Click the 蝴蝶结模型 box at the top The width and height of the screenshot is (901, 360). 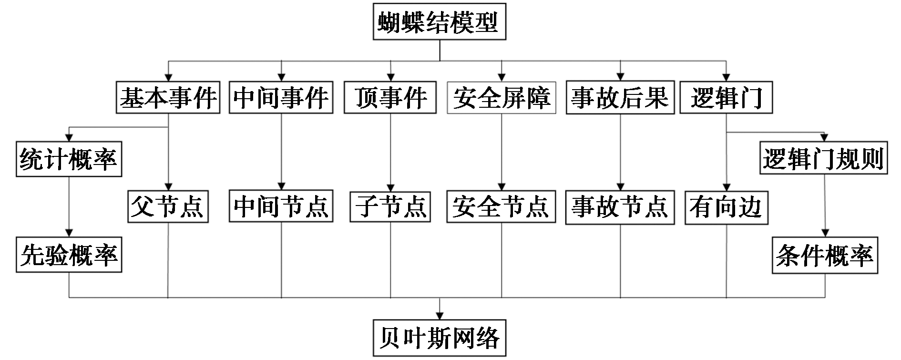coord(439,22)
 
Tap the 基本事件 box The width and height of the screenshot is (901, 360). coord(168,97)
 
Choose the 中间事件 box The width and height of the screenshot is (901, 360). coord(281,97)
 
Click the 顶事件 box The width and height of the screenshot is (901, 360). coord(390,97)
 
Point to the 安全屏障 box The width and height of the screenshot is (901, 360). coord(502,97)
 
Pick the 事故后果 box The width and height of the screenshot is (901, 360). coord(620,97)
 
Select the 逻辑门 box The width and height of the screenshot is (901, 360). coord(726,97)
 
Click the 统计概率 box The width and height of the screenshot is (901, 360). coord(69,159)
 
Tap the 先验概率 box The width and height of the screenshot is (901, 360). coord(69,255)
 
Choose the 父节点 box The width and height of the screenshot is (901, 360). coord(168,206)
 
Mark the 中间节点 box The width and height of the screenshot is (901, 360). coord(281,206)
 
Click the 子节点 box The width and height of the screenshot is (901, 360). coord(390,206)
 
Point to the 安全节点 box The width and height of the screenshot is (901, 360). coord(501,206)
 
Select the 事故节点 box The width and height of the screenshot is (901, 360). coord(620,206)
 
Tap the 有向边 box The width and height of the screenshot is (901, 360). coord(726,206)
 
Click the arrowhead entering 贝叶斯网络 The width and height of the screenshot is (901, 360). coord(439,315)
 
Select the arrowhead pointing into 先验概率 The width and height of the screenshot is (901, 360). coord(69,233)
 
